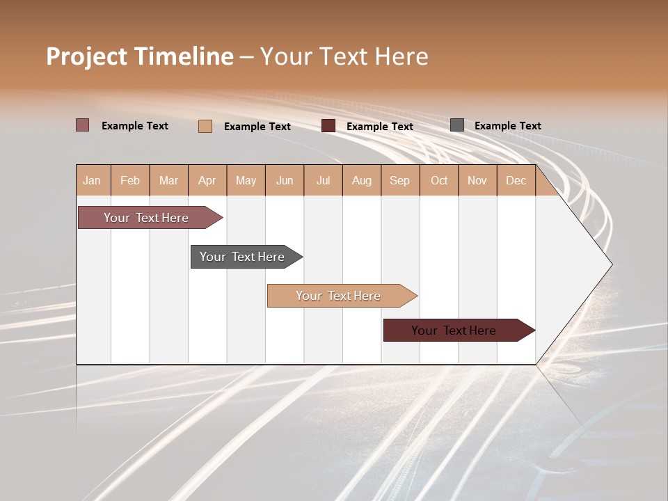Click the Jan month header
(x=93, y=180)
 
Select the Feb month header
(x=130, y=180)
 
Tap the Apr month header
(x=207, y=180)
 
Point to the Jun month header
(x=285, y=180)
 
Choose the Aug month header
(x=362, y=180)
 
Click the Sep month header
(x=400, y=180)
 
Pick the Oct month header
(x=439, y=180)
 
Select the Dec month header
(x=516, y=180)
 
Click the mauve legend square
(x=83, y=125)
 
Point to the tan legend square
(x=205, y=126)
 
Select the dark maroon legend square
(x=328, y=126)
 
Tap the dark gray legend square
(x=457, y=125)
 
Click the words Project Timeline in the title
(x=140, y=56)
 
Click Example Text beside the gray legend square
(x=508, y=126)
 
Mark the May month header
(x=246, y=180)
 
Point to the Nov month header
(x=477, y=180)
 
